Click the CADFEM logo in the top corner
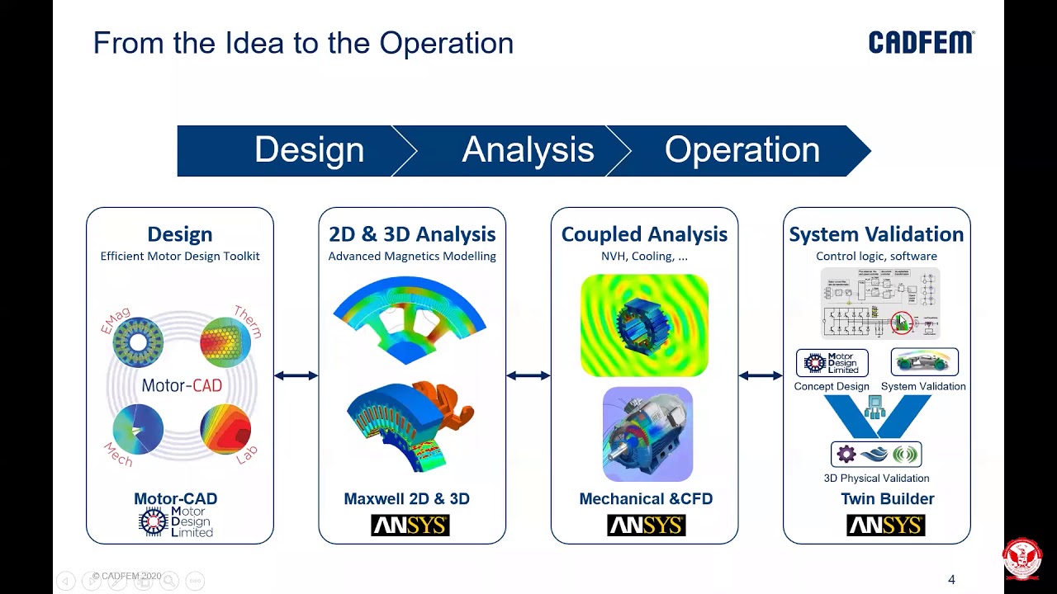921,43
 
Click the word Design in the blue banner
309,150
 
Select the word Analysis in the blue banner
528,150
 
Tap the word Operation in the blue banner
742,150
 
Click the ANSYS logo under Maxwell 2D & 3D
410,526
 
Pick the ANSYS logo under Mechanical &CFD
646,526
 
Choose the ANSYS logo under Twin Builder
885,526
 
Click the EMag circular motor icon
138,342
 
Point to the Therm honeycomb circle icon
225,342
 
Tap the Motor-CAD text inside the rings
182,385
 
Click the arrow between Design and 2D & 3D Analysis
296,376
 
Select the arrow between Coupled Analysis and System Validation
761,376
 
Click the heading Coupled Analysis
644,234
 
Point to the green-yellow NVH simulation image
644,325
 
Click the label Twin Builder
887,499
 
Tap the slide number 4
951,580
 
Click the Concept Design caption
832,386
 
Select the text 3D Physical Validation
876,478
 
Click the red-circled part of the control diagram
902,323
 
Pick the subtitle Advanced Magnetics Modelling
412,257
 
